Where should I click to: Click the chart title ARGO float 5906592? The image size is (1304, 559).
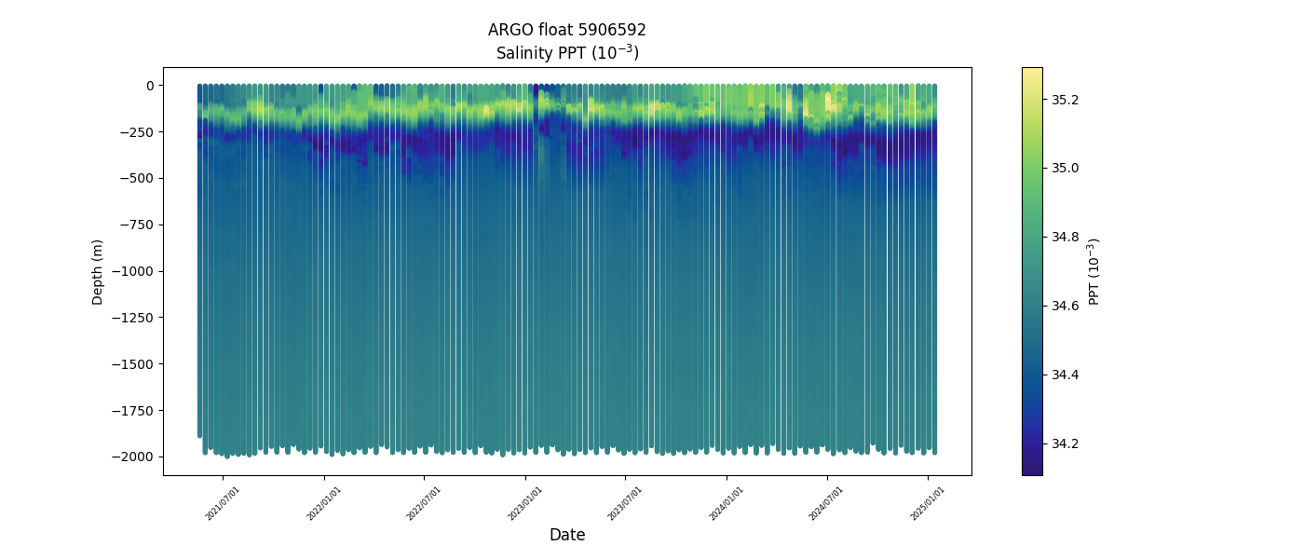pos(566,30)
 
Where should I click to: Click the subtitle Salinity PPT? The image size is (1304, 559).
pos(566,52)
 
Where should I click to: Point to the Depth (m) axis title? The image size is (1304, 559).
pos(98,271)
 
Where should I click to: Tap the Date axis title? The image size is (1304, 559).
pos(566,535)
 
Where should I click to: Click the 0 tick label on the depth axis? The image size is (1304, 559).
pos(148,86)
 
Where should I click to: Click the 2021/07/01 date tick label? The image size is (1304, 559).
pos(224,503)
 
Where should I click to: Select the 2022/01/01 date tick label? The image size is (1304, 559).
pos(324,503)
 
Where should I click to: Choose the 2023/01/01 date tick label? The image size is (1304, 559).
pos(525,503)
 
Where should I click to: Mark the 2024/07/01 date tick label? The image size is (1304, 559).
pos(827,503)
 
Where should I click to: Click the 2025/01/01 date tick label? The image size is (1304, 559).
pos(928,503)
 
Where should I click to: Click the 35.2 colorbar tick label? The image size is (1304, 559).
pos(1065,99)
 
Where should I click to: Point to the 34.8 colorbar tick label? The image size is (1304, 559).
pos(1065,237)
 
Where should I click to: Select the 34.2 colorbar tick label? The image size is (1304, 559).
pos(1065,443)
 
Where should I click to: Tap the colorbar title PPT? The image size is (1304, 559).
pos(1094,271)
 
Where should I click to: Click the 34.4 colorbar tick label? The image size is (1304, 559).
pos(1065,375)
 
